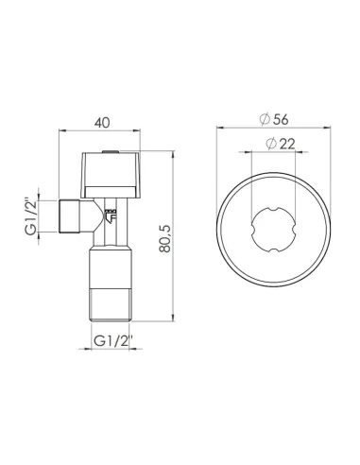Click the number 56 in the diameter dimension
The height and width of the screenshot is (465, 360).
(282, 118)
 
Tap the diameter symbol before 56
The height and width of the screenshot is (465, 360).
(266, 118)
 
